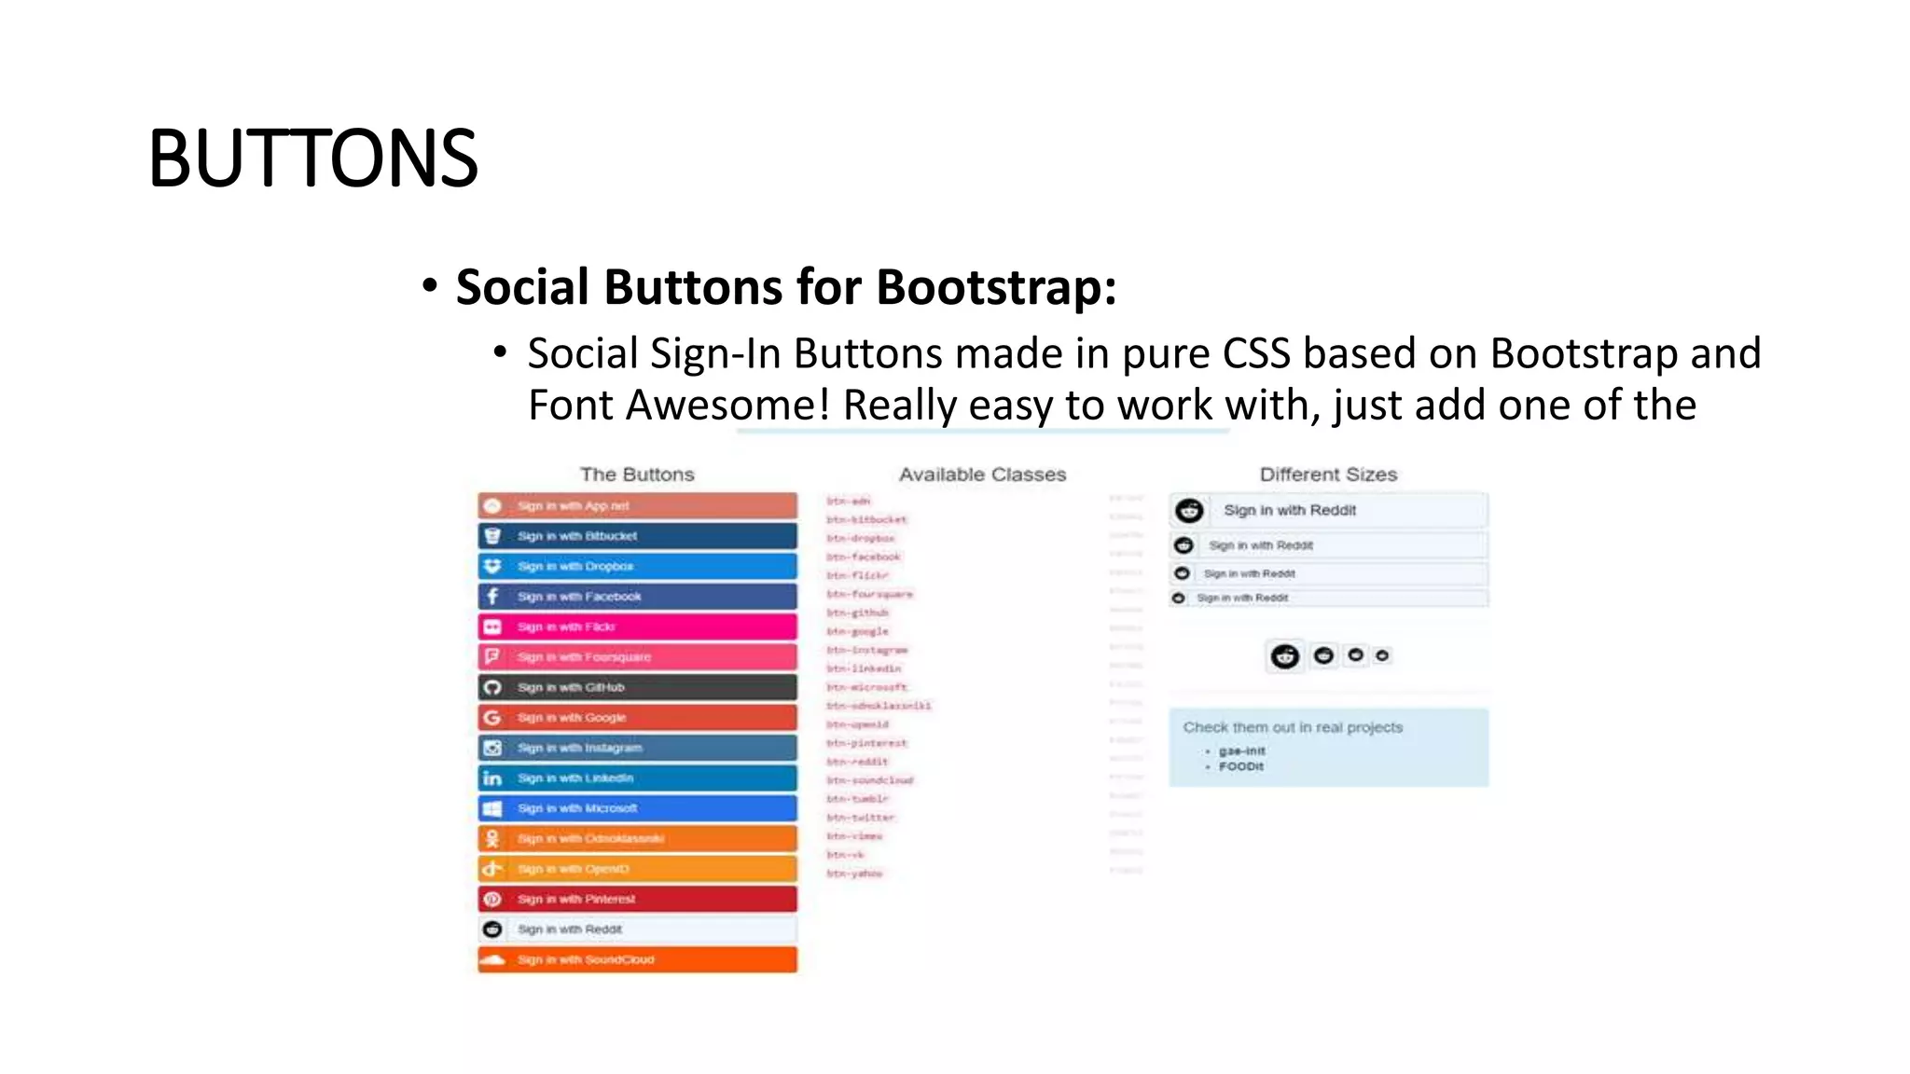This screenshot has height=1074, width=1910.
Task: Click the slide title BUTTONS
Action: [312, 158]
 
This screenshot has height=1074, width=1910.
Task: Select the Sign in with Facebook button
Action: [637, 597]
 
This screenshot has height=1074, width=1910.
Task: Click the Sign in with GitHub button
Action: [637, 687]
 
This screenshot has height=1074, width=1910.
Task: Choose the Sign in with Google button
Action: [637, 718]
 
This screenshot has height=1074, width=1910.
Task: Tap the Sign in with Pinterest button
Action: [637, 900]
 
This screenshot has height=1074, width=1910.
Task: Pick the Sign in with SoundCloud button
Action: [637, 959]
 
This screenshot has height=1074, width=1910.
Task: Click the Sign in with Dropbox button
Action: [637, 566]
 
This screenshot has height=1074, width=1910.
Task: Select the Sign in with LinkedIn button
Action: [637, 778]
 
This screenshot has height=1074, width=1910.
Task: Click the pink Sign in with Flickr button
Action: [637, 626]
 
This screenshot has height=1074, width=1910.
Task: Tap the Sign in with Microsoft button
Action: [637, 808]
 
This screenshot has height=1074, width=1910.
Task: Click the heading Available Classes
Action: [982, 475]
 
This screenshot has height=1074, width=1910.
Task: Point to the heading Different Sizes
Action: [1328, 475]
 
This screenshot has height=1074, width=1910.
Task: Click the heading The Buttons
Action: [637, 475]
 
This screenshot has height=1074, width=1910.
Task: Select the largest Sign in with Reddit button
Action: [1328, 510]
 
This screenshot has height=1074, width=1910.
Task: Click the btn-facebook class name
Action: [864, 557]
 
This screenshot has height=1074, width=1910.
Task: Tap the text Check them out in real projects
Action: [1293, 727]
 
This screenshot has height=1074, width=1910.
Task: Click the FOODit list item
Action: [1241, 766]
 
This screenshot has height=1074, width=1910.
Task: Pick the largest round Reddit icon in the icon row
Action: [1285, 656]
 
